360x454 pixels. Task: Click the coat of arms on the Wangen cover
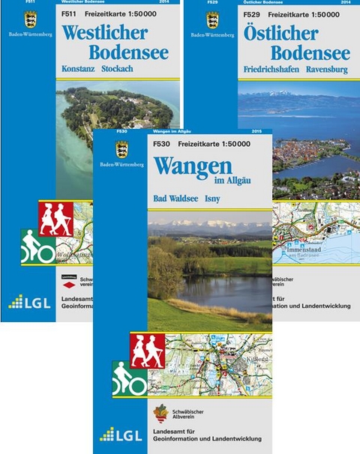(121, 149)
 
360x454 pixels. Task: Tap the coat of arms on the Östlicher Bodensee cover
(212, 19)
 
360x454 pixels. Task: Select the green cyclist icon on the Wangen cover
(129, 381)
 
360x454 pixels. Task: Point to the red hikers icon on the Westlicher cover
(56, 220)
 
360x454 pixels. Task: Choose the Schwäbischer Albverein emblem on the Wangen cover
(160, 414)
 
